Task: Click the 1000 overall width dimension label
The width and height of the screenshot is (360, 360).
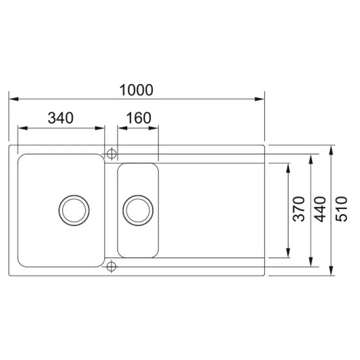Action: [136, 90]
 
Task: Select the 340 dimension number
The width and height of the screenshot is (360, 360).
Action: [60, 118]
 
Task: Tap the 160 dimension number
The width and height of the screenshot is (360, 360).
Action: [138, 118]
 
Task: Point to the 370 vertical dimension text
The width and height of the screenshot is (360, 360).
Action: [299, 208]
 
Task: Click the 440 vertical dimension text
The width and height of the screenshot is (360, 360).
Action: [320, 208]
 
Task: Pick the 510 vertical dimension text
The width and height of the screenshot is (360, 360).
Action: [342, 208]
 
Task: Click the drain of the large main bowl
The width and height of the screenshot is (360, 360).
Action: [74, 210]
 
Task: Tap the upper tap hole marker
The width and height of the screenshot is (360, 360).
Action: [111, 153]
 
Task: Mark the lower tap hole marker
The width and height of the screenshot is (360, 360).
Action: [111, 267]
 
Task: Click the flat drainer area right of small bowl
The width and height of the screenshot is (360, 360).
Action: [211, 210]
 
